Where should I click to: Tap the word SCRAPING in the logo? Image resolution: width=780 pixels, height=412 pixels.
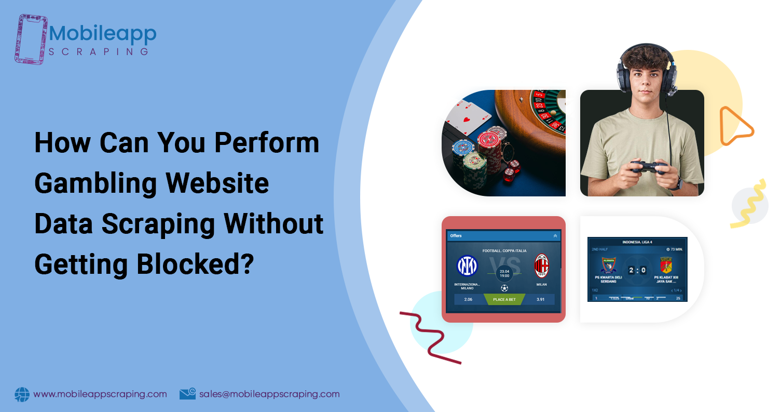tap(99, 51)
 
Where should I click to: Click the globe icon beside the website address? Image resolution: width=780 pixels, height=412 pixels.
tap(22, 394)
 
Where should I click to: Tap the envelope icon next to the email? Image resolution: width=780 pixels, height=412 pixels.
tap(187, 394)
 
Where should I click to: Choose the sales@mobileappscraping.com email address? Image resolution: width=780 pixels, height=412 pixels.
tap(269, 394)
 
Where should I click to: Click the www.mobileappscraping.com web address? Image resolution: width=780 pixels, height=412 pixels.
tap(100, 394)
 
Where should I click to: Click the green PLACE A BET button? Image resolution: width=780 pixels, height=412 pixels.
tap(504, 300)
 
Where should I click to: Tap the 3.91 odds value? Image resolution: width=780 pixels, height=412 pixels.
tap(540, 300)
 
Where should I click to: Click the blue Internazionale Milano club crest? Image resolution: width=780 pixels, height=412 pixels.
tap(467, 267)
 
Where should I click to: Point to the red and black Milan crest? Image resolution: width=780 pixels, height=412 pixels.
tap(542, 265)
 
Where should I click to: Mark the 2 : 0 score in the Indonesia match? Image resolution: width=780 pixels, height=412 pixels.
tap(637, 271)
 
